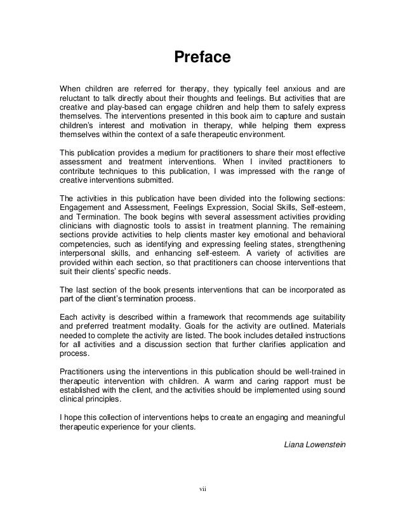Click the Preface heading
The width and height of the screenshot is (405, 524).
pos(202,58)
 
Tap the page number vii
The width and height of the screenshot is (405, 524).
pos(202,488)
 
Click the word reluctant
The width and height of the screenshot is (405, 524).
pos(75,99)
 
